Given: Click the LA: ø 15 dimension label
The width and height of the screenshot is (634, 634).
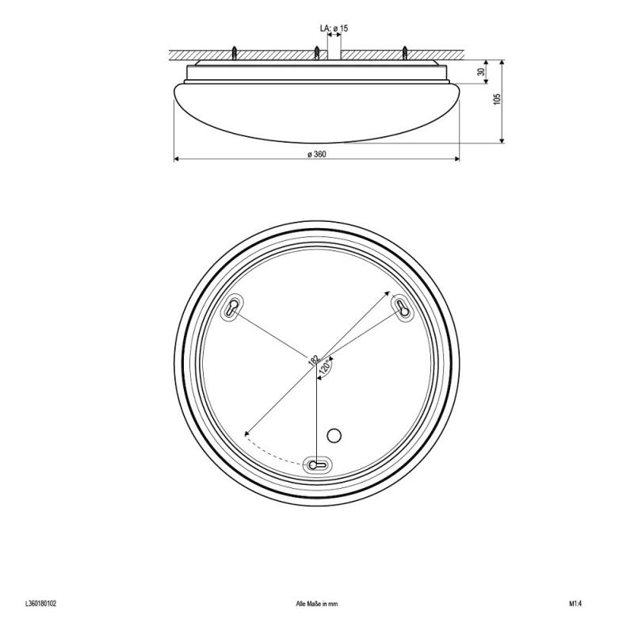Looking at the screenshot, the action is pos(334,29).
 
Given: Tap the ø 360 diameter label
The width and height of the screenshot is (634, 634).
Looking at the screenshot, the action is pos(316,154).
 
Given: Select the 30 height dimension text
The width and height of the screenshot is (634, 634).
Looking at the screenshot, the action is pos(481,72).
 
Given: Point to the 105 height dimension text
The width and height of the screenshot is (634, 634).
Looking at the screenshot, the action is pos(497,99).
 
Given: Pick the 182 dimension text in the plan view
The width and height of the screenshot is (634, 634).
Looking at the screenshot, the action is pos(314,360).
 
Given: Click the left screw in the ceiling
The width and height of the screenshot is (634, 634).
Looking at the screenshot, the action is pos(234,53).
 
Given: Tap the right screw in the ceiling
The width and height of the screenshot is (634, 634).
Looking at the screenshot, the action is pos(404,53).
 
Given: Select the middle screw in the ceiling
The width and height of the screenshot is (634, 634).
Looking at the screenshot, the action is pos(317,53).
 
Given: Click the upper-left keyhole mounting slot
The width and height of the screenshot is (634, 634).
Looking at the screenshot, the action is pos(232,307).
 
